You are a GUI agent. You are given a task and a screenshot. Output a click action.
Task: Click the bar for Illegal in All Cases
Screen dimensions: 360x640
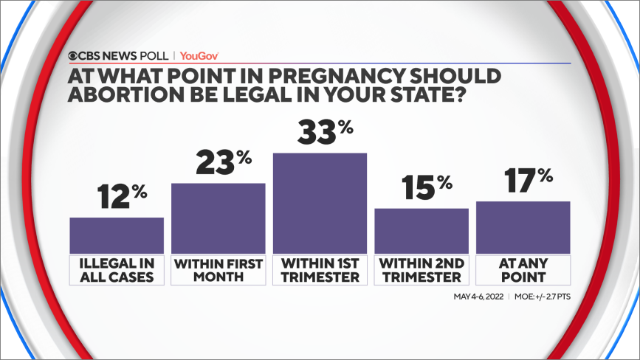pos(117,235)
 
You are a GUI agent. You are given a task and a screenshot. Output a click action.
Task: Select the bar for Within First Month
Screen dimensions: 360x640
pos(218,218)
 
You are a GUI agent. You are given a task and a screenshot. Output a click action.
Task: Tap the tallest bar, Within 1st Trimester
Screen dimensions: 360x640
pos(320,203)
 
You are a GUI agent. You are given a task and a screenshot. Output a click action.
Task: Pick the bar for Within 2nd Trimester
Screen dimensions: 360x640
pos(421,230)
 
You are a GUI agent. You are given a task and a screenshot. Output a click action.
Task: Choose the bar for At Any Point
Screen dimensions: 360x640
pos(523,226)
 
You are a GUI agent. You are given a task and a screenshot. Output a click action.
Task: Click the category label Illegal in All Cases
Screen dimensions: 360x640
pos(117,270)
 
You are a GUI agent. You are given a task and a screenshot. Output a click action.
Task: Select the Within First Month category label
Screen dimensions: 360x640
pos(218,270)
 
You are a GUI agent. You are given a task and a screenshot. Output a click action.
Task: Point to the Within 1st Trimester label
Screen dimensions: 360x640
pos(320,270)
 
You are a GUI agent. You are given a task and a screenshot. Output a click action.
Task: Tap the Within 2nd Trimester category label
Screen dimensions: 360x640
pos(421,270)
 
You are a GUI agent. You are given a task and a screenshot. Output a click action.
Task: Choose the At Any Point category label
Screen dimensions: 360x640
pos(523,270)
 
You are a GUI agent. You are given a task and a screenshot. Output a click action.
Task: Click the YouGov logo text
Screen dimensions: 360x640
pos(200,55)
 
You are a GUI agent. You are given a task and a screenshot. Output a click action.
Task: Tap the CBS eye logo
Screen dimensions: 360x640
pos(75,55)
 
